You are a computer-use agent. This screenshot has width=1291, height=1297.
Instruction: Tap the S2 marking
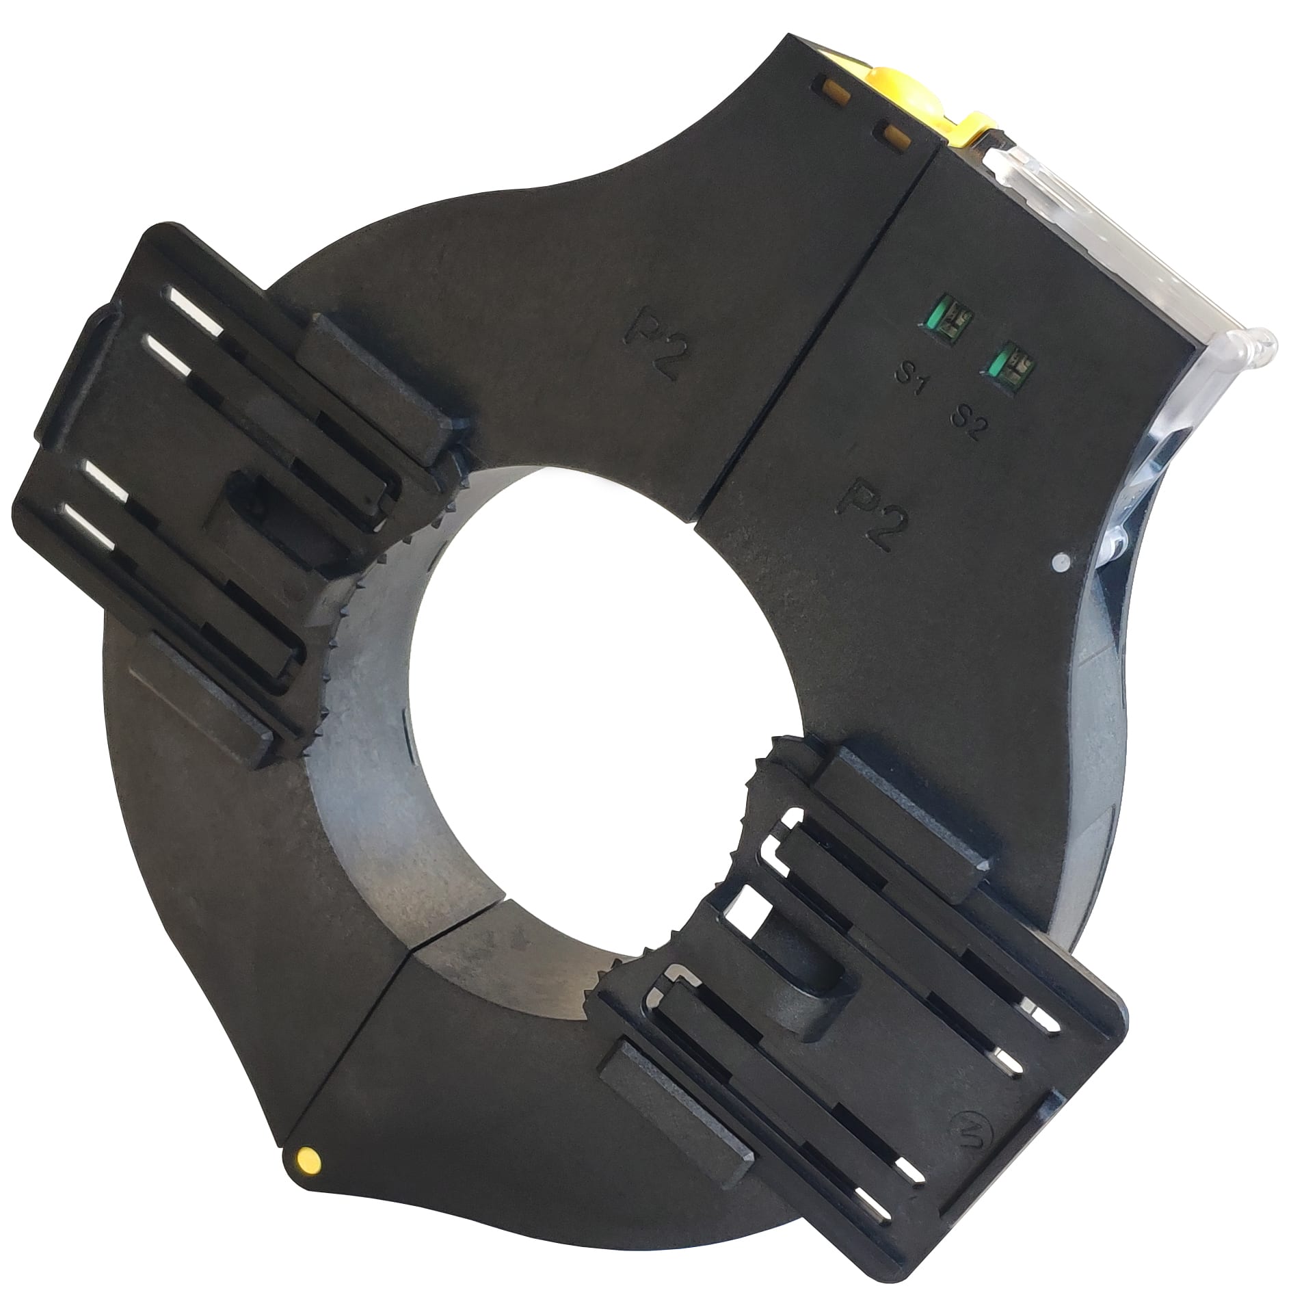coord(968,417)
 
